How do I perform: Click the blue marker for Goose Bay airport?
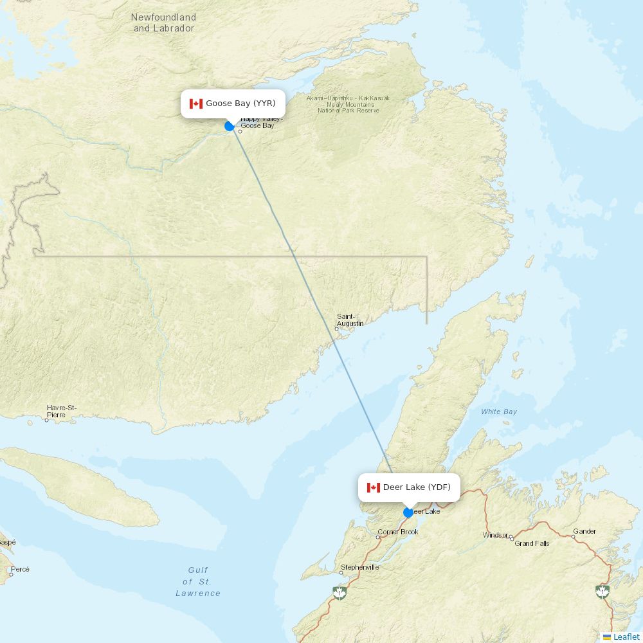(230, 126)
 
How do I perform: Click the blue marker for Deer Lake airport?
(408, 512)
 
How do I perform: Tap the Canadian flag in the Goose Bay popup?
(196, 104)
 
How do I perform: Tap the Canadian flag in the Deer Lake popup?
(374, 487)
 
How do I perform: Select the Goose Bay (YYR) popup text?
(240, 104)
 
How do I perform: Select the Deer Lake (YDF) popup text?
(417, 487)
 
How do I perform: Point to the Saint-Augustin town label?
(350, 320)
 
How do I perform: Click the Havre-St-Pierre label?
(61, 411)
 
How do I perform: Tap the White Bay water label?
(499, 412)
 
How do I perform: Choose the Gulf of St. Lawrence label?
(198, 581)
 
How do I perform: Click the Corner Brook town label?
(398, 532)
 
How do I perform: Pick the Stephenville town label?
(359, 567)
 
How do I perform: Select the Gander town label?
(584, 531)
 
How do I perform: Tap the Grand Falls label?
(532, 543)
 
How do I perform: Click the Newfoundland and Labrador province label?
(163, 23)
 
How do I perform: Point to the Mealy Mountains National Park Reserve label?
(348, 104)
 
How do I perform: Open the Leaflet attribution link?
(626, 637)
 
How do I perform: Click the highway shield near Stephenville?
(339, 592)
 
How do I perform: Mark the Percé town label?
(20, 569)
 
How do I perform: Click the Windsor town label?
(495, 535)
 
